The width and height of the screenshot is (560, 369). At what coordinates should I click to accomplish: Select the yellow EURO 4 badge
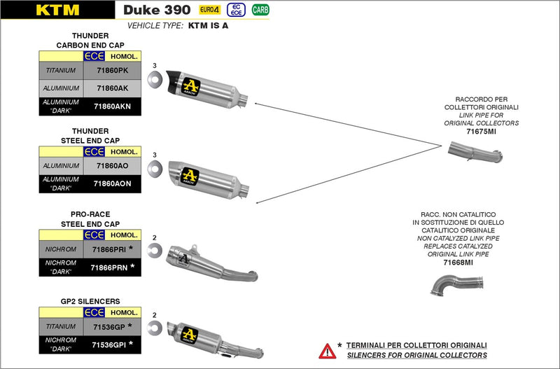(x=208, y=10)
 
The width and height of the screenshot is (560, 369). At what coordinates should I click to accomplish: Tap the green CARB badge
(x=260, y=10)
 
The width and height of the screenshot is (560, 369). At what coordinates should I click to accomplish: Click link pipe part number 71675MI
(x=482, y=131)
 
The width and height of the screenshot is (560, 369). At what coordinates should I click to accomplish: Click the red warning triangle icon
(x=326, y=350)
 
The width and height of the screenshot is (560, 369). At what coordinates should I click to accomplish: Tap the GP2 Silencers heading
(x=90, y=301)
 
